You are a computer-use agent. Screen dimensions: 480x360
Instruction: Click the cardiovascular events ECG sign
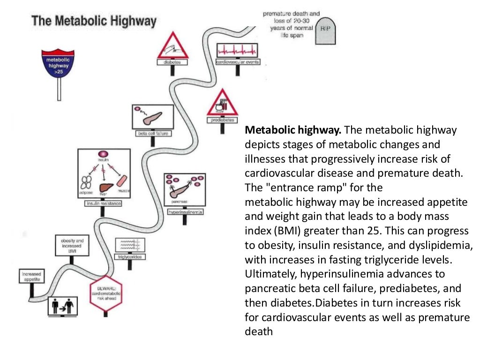238,50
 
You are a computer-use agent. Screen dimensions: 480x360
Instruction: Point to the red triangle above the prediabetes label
222,103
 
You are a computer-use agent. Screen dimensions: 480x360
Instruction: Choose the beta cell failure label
153,133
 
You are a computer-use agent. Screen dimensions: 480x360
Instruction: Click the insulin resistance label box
103,203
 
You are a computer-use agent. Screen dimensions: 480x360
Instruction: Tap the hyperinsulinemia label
185,212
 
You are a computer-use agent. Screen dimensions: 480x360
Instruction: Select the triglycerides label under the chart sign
130,257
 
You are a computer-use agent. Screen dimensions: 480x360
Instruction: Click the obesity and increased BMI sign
72,246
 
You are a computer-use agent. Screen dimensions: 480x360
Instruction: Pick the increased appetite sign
31,276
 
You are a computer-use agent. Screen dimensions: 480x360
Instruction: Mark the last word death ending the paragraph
258,331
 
